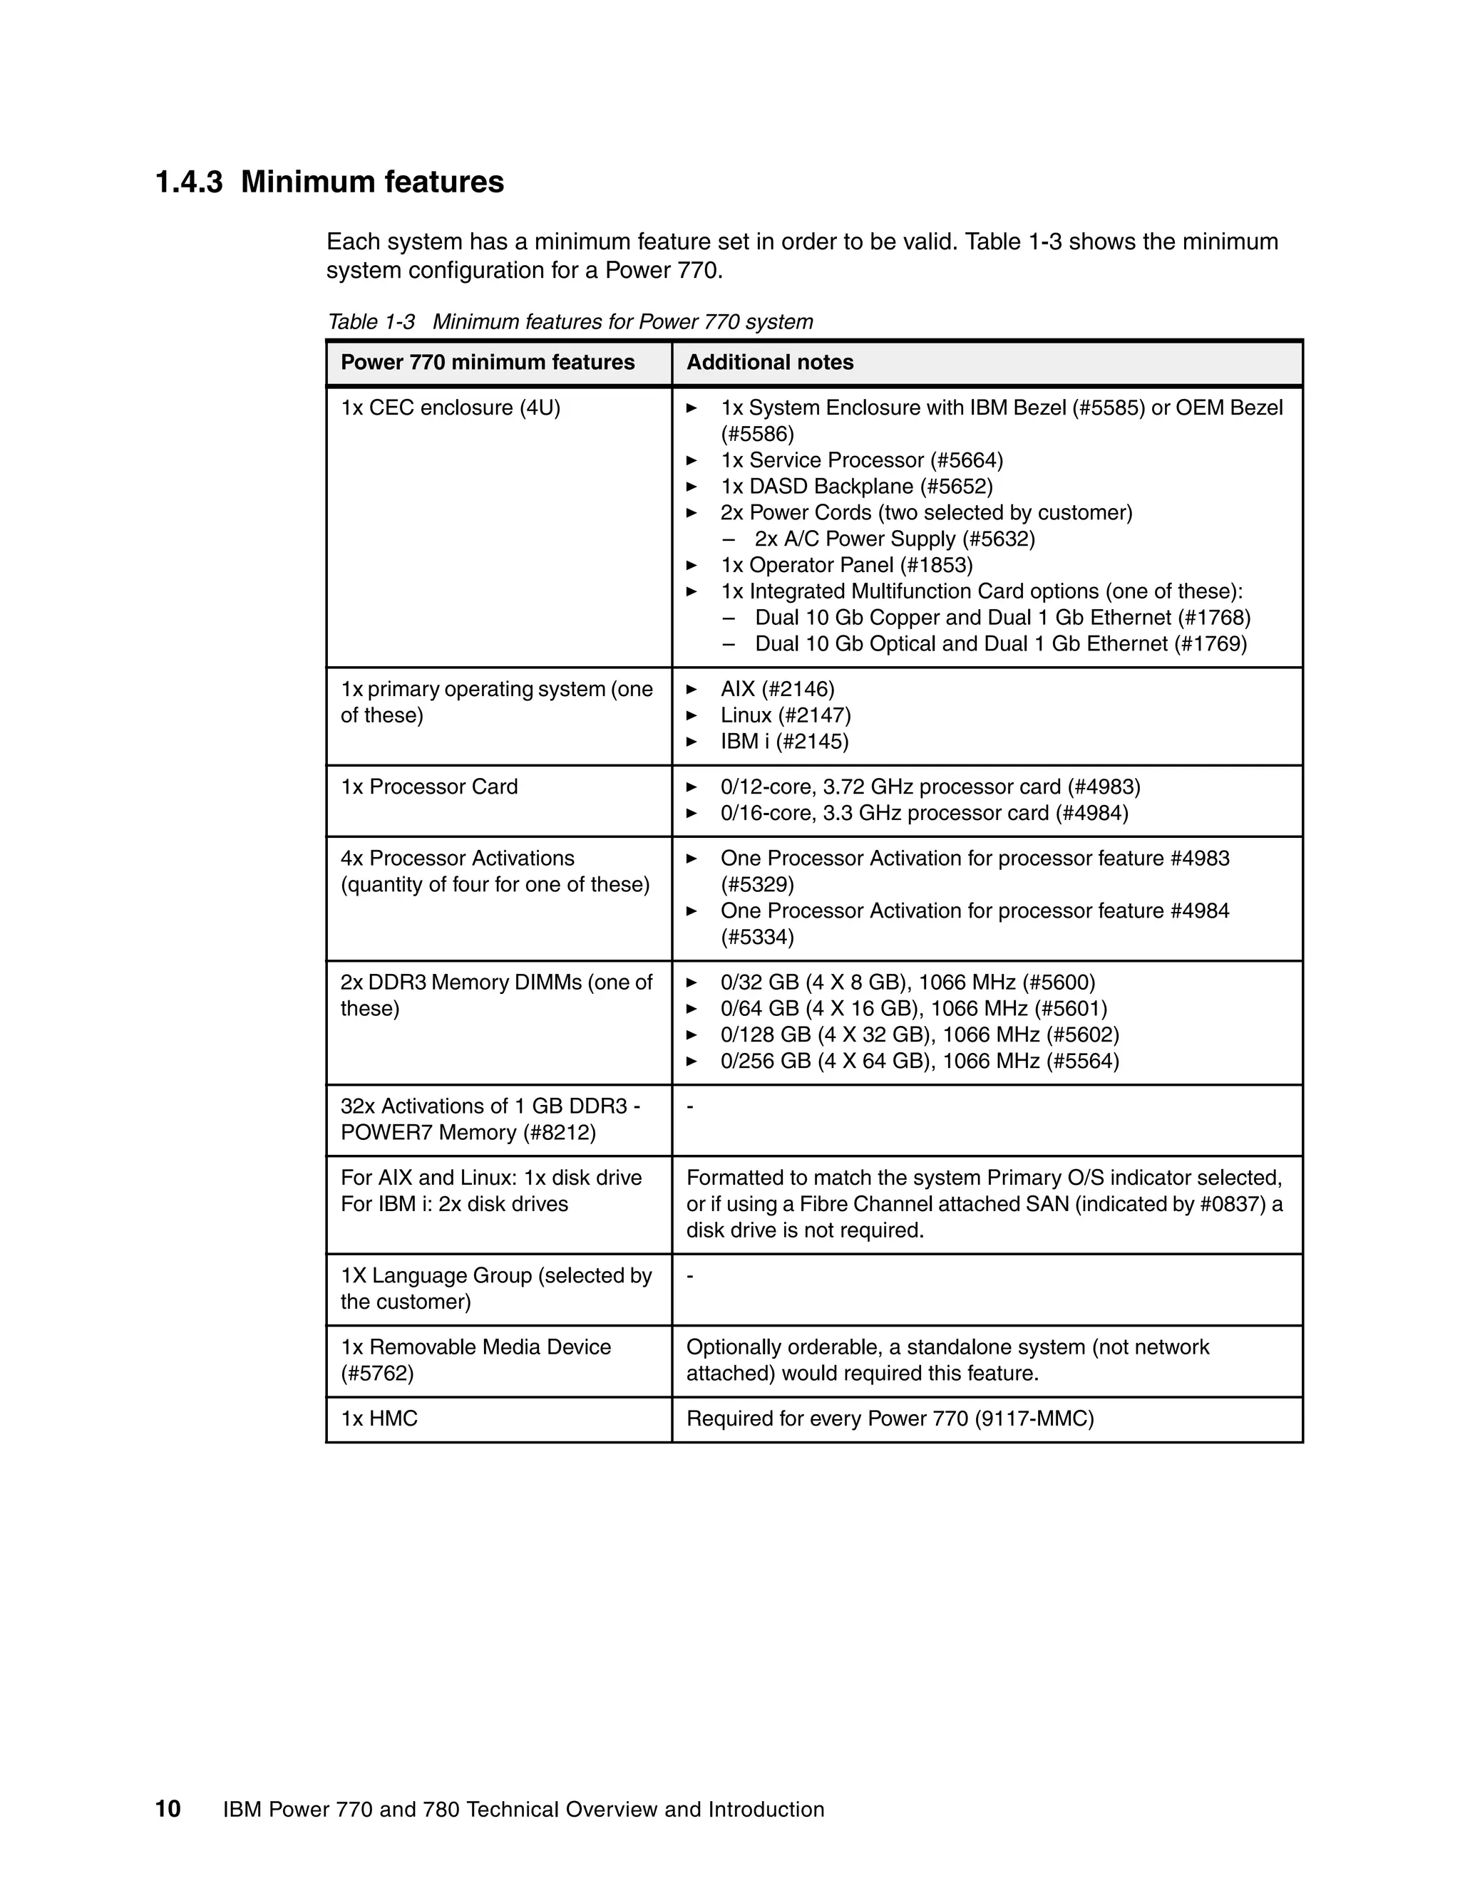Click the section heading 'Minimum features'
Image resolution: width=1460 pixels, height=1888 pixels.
372,182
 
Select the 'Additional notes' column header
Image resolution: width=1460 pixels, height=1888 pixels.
770,362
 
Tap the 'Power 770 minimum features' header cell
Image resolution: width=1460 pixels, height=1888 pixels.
487,362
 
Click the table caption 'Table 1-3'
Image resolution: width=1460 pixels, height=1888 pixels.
371,323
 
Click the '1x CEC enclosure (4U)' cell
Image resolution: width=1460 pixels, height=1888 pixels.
450,408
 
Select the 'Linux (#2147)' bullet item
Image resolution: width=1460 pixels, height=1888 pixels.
786,716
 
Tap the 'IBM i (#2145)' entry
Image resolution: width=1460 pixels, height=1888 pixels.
784,742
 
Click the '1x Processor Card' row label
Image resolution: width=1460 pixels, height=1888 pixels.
429,787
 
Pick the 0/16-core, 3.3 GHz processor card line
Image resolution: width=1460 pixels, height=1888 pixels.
924,814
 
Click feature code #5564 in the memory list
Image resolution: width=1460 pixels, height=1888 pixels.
1082,1062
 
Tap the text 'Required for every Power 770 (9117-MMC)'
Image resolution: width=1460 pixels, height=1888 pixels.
890,1418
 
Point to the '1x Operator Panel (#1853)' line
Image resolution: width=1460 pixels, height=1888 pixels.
846,566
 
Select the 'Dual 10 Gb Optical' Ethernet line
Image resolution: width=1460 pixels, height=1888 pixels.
1001,644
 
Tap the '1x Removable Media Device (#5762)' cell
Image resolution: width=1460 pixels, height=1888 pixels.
475,1360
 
